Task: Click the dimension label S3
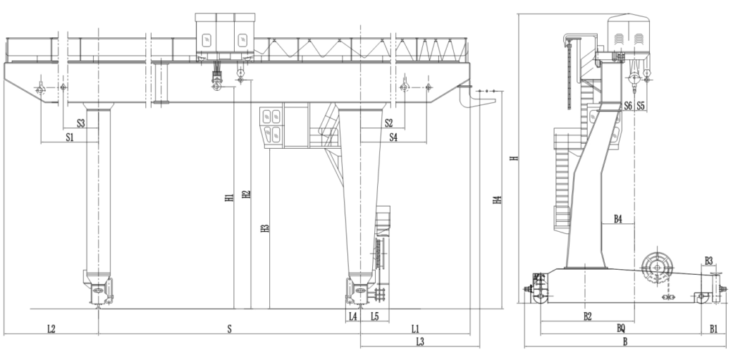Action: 80,123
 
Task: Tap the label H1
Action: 228,198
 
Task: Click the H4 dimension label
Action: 497,201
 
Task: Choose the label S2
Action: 389,123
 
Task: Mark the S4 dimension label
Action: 393,136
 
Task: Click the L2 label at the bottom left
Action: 51,329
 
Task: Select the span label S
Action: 229,329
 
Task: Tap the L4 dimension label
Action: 352,316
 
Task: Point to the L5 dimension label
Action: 375,316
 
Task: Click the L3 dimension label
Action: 420,342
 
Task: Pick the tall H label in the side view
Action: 513,159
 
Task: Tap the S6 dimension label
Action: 627,106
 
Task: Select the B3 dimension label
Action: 709,260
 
